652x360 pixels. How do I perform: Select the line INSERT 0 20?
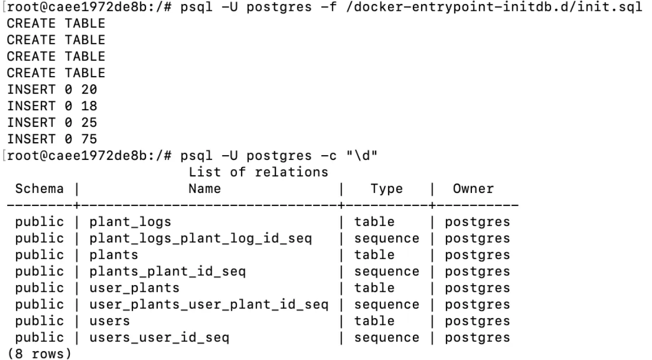52,89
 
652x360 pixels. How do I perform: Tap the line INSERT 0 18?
52,106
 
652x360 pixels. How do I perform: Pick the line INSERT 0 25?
52,123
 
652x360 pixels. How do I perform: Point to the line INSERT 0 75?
52,139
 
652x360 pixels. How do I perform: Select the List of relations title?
258,172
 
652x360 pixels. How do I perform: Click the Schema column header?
39,189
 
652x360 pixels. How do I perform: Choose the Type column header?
387,189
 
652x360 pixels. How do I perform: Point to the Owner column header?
473,189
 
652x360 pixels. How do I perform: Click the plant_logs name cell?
130,222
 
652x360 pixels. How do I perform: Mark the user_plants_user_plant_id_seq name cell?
208,305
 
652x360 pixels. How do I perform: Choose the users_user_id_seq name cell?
159,338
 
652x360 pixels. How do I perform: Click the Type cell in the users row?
374,321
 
